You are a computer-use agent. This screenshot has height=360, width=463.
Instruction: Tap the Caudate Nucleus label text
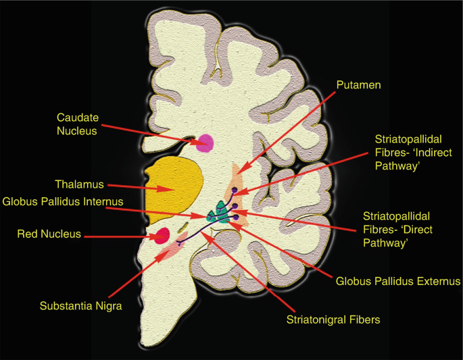point(76,124)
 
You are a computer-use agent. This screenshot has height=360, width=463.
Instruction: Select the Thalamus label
point(76,183)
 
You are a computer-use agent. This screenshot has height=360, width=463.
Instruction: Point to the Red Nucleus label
point(49,234)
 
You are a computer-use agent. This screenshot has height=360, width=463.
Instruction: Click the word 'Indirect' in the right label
point(432,153)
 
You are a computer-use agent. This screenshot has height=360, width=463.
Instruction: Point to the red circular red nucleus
point(162,236)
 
